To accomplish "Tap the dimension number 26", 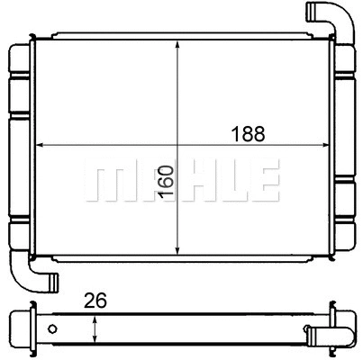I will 95,301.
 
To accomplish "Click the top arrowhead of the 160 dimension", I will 178,47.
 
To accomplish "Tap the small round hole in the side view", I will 53,328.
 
